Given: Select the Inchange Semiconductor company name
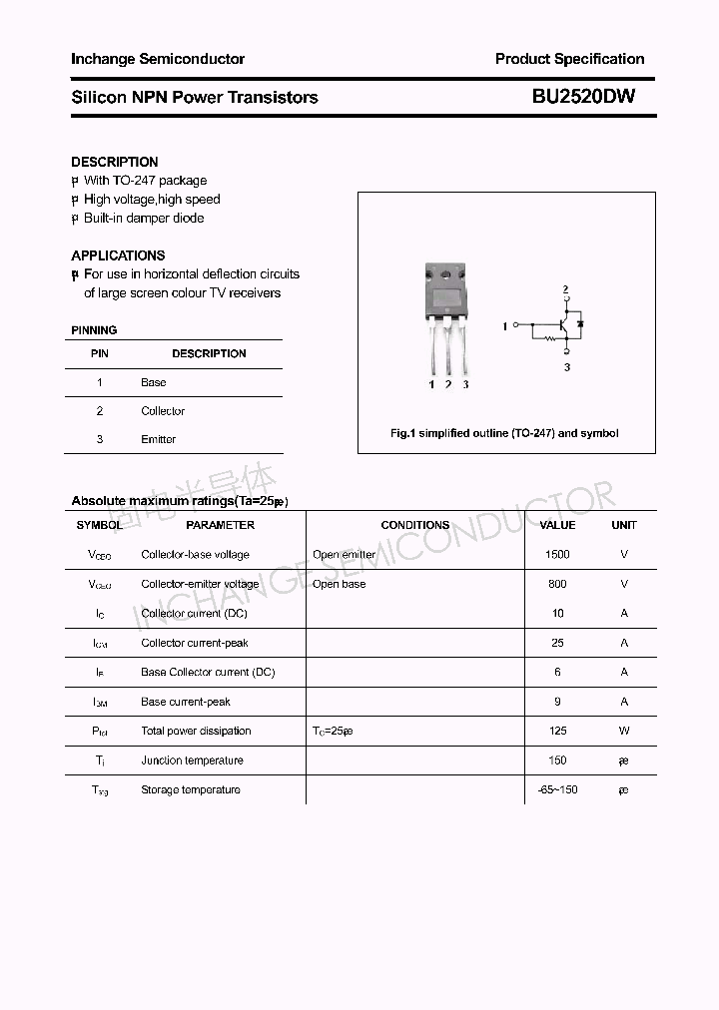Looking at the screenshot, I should point(157,59).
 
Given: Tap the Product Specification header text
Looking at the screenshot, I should point(569,59).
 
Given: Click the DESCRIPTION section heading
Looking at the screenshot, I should point(114,162).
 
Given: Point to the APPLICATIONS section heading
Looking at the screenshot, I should point(118,255).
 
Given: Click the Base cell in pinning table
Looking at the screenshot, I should point(153,382).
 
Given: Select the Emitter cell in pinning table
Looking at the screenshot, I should point(158,439).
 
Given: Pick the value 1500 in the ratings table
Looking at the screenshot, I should point(557,554).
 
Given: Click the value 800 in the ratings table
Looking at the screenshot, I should point(557,584).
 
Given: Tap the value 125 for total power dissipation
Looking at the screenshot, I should point(557,731).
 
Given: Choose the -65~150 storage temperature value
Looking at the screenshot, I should point(557,789).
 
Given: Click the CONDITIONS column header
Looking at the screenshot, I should point(414,525).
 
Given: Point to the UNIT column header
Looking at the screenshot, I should point(624,525).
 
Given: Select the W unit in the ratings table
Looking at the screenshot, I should point(624,731).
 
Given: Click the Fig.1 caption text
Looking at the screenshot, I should point(503,433).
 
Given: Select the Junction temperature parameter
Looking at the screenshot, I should point(192,760).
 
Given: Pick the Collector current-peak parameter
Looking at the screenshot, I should point(195,643).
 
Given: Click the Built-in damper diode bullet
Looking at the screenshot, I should point(143,218).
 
